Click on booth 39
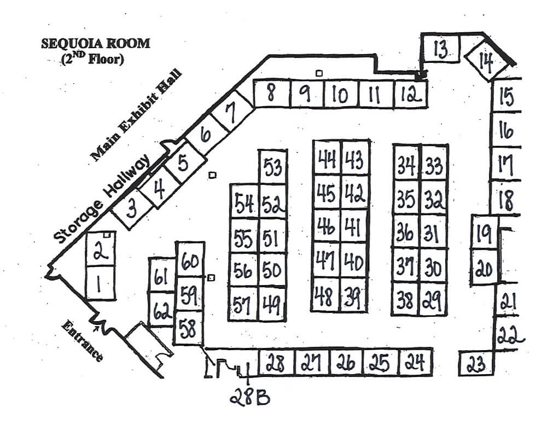353,297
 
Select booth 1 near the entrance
100,283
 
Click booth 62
162,311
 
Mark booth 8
271,94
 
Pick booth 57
243,303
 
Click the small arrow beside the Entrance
99,329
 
